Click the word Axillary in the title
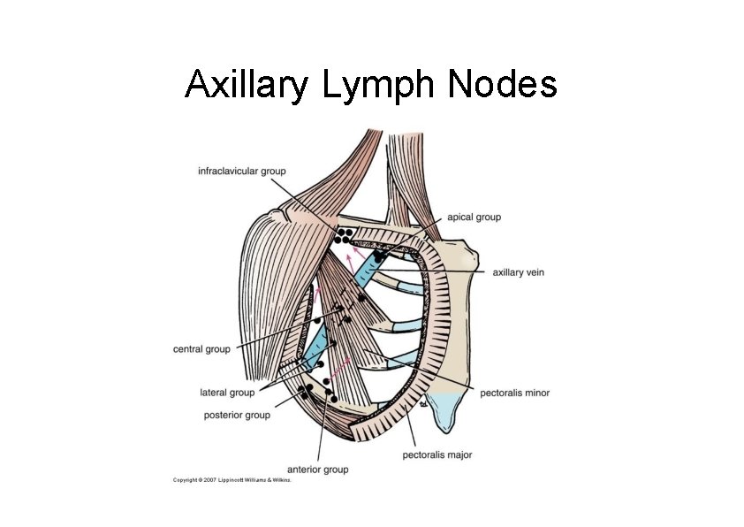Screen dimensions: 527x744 click(246, 85)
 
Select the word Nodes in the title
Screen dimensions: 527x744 click(504, 85)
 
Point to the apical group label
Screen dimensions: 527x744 click(475, 217)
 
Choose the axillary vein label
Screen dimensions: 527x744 click(518, 272)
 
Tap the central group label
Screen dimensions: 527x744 click(201, 349)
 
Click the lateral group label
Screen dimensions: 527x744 click(228, 392)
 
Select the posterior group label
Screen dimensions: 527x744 click(237, 415)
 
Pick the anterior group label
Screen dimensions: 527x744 click(318, 469)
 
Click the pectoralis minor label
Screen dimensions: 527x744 click(514, 392)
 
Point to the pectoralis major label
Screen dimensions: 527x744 click(437, 454)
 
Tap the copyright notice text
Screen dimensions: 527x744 click(232, 480)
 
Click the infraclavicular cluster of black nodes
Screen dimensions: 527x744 click(344, 235)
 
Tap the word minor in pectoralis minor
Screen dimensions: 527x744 click(535, 392)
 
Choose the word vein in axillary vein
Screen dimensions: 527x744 click(534, 272)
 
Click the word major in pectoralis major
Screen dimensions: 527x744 click(458, 454)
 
